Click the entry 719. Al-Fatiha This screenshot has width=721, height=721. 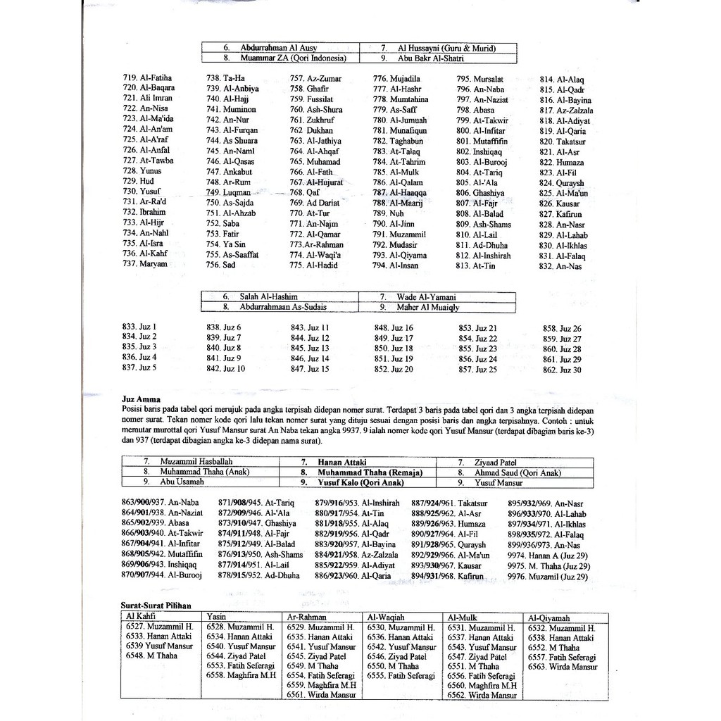147,78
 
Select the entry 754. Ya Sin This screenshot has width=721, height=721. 225,244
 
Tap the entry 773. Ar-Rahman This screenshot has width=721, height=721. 316,244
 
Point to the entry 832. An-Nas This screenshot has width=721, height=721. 561,267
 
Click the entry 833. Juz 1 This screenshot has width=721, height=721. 139,327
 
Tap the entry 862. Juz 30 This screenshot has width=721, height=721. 562,370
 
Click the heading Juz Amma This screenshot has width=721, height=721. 141,399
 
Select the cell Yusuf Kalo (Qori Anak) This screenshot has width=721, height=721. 361,483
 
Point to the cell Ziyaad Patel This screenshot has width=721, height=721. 496,462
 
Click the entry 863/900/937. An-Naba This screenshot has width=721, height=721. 160,503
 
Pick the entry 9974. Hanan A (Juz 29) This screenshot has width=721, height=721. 547,556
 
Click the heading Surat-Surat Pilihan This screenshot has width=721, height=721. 156,605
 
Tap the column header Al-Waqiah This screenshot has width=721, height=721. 386,617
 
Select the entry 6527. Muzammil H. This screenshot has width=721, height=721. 160,627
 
